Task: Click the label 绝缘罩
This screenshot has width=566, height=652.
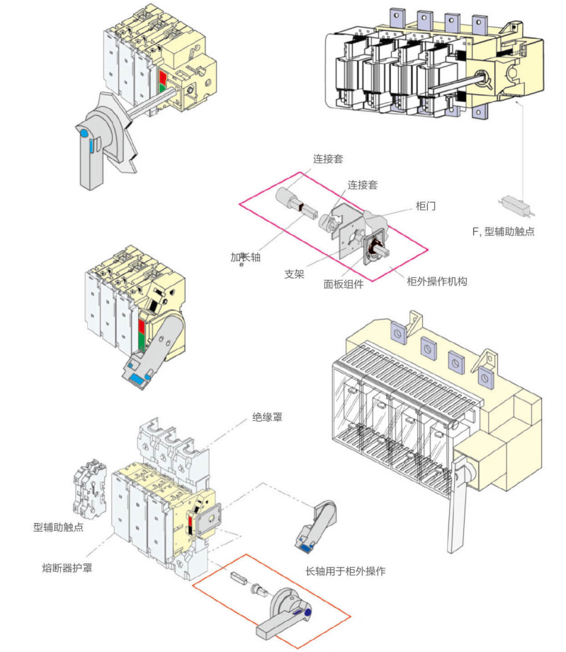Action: click(267, 417)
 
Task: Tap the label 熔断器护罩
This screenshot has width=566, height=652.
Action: click(67, 568)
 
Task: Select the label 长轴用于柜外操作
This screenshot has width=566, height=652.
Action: click(345, 571)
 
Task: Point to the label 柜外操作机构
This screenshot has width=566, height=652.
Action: click(437, 281)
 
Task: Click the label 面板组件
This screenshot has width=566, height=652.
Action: click(344, 284)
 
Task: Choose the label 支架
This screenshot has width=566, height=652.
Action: click(294, 274)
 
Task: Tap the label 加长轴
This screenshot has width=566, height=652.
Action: click(246, 257)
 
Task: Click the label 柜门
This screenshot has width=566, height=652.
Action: click(426, 206)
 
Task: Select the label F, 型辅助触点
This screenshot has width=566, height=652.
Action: click(503, 231)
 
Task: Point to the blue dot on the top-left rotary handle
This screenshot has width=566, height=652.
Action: click(84, 133)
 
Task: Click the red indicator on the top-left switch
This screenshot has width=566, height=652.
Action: click(162, 77)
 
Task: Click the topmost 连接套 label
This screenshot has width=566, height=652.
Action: click(328, 159)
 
